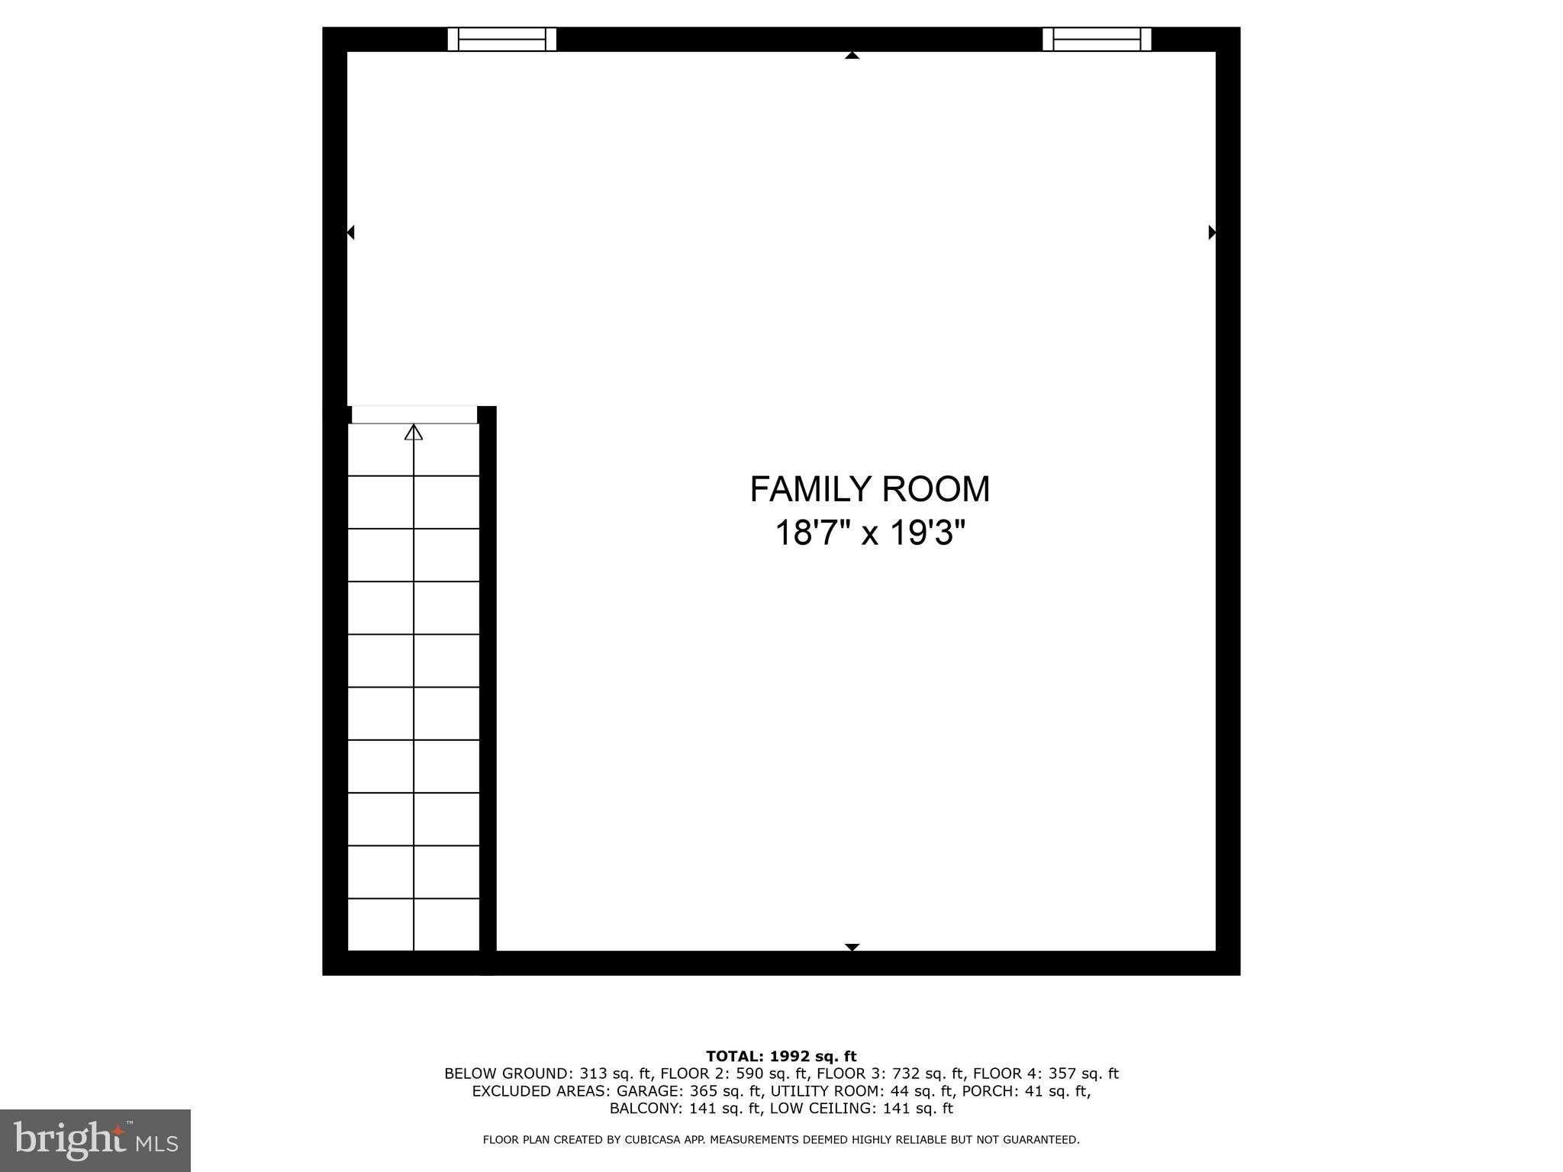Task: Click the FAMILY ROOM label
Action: pos(869,489)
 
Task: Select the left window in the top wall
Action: pos(501,39)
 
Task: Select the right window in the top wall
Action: pos(1097,39)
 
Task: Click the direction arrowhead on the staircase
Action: pos(414,433)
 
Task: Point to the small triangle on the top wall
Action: pos(852,55)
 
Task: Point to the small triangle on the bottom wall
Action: pos(852,947)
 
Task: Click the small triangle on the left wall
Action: pos(351,232)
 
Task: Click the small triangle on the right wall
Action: pos(1212,232)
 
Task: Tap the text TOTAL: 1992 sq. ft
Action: pos(781,1056)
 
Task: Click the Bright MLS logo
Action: pos(95,1140)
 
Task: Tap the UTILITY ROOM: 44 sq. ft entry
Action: pos(862,1091)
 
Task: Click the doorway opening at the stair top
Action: pos(414,414)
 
